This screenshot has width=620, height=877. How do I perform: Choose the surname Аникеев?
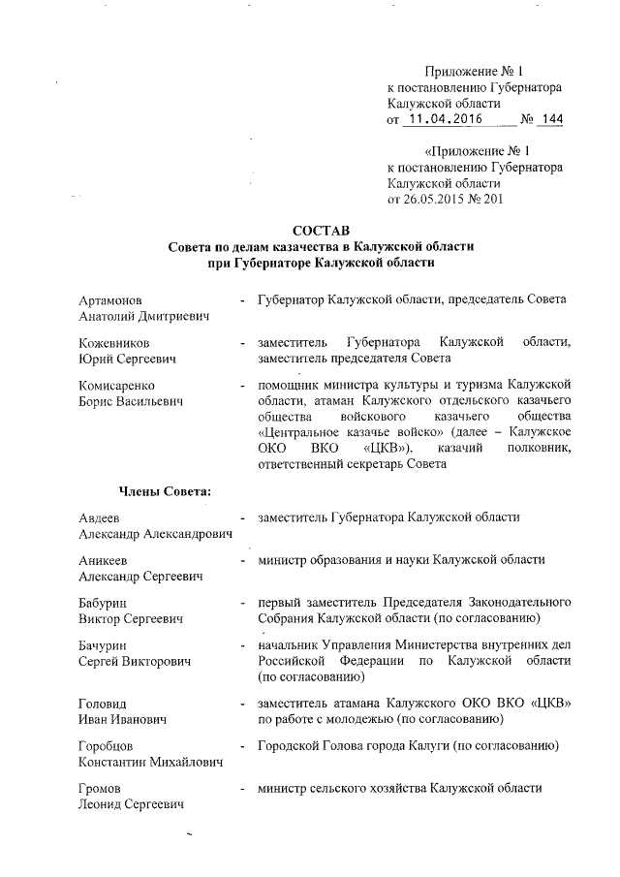(x=104, y=561)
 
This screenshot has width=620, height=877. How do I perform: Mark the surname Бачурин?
(x=105, y=644)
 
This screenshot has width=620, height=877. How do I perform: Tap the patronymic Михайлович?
(x=181, y=763)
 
